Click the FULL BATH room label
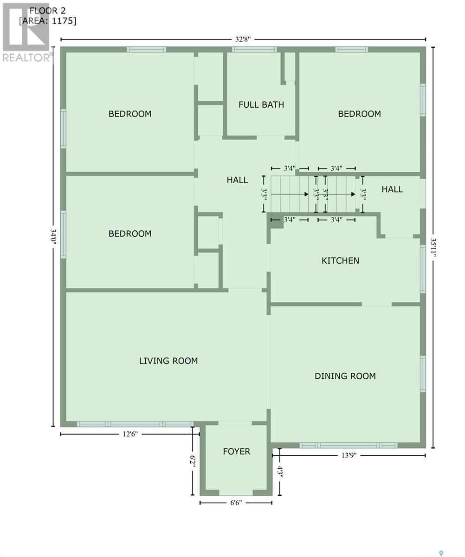pyautogui.click(x=261, y=104)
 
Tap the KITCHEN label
pyautogui.click(x=340, y=260)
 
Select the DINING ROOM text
pyautogui.click(x=345, y=376)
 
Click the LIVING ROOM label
pyautogui.click(x=168, y=361)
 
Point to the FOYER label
pyautogui.click(x=236, y=451)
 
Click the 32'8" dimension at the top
pyautogui.click(x=243, y=39)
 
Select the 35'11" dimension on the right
pyautogui.click(x=433, y=251)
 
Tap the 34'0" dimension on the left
pyautogui.click(x=53, y=237)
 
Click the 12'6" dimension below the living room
pyautogui.click(x=129, y=434)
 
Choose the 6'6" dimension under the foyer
pyautogui.click(x=236, y=503)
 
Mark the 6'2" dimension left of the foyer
pyautogui.click(x=192, y=461)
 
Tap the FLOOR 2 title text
pyautogui.click(x=47, y=10)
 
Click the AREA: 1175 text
pyautogui.click(x=47, y=21)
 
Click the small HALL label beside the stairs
pyautogui.click(x=392, y=189)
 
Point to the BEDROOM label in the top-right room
pyautogui.click(x=359, y=114)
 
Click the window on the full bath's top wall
pyautogui.click(x=254, y=49)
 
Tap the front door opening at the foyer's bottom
pyautogui.click(x=236, y=492)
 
